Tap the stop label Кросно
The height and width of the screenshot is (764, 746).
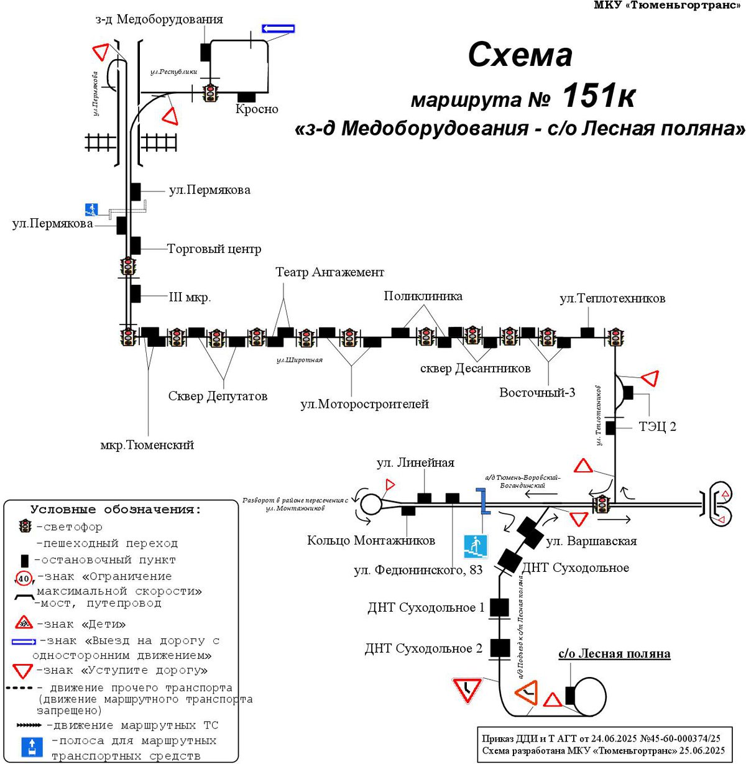[x=257, y=109]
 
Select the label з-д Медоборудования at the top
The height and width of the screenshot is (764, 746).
[x=159, y=19]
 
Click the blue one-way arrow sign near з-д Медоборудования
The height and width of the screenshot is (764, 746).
[x=278, y=29]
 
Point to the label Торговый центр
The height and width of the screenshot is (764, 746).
[x=214, y=249]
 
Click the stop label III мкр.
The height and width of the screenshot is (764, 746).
[x=190, y=297]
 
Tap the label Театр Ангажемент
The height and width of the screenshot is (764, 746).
[x=329, y=272]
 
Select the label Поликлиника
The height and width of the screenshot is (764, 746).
[x=423, y=296]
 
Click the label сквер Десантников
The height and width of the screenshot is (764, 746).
[x=475, y=368]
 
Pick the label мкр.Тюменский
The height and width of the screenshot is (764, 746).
[x=147, y=445]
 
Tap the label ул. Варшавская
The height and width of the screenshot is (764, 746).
[x=591, y=541]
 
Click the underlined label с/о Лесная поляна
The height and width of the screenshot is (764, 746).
[x=614, y=654]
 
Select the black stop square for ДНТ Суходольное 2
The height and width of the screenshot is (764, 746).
[x=500, y=648]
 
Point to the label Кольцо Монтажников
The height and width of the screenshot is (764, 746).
[x=371, y=540]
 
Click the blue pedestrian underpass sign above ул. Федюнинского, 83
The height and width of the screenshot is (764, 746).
[x=475, y=546]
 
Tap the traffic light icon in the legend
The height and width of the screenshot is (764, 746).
[x=25, y=527]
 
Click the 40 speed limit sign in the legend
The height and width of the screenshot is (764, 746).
[x=24, y=579]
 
